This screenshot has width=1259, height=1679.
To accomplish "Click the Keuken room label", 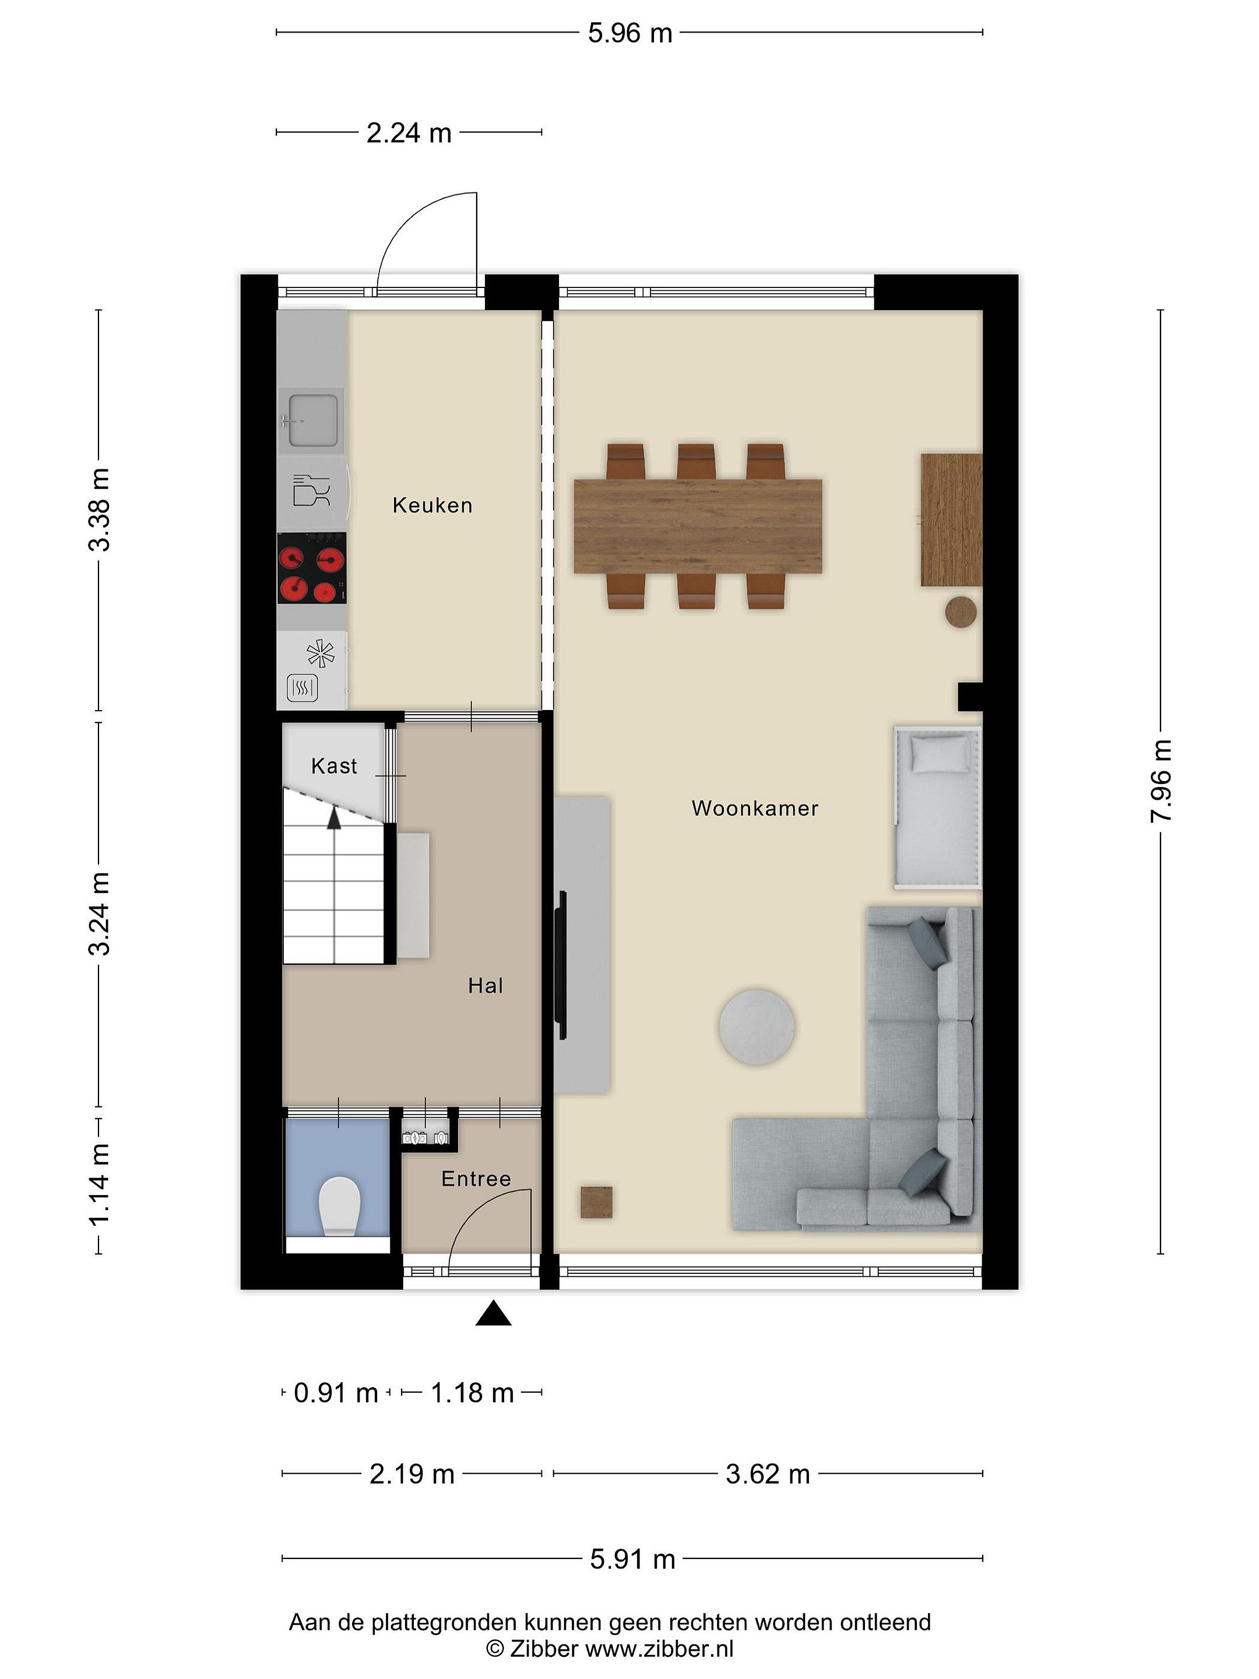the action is tap(432, 505).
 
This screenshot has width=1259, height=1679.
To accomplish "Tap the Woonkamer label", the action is tap(754, 809).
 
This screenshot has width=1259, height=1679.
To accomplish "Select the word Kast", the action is tap(334, 766).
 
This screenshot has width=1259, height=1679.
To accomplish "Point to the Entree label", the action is tap(476, 1179).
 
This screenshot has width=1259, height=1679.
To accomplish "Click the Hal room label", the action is tap(485, 986).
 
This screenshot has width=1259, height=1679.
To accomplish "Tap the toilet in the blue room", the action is tap(339, 1206).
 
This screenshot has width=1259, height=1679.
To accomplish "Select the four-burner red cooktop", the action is tap(312, 568).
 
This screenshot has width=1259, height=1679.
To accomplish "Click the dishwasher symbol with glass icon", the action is tap(312, 490).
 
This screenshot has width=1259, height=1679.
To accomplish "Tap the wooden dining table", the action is tap(698, 526).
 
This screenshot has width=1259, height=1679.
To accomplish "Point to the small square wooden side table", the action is tap(596, 1202).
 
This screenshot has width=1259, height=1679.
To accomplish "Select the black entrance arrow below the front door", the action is tap(493, 1312).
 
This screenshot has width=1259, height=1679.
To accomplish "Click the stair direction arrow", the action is tap(333, 817).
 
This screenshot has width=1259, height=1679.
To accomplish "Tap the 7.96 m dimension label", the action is tap(1161, 780).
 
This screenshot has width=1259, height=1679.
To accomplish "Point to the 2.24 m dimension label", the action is tap(409, 133).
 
